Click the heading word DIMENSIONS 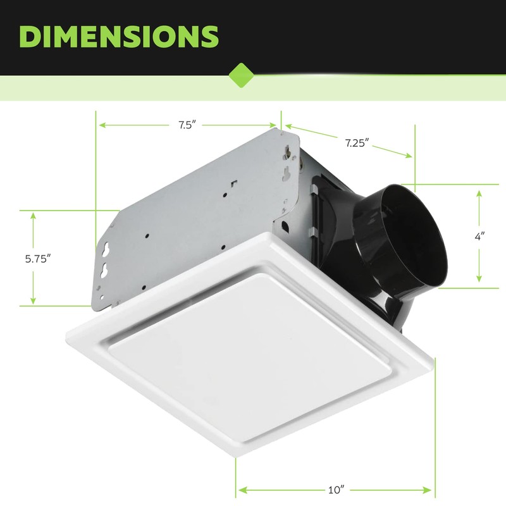(x=119, y=36)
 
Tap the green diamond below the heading (x=240, y=75)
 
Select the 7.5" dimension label (x=188, y=125)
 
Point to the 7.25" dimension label (x=357, y=143)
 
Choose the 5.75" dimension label (x=37, y=258)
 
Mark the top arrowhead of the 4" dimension (x=479, y=191)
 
